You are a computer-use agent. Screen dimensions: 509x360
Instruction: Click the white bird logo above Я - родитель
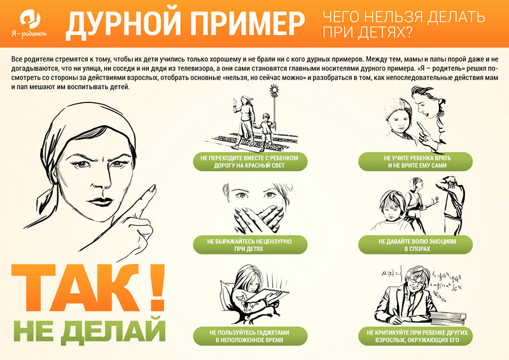click(29, 19)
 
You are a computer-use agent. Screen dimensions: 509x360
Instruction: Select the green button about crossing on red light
click(250, 162)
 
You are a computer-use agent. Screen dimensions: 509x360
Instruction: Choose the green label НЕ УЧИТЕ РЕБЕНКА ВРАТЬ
click(416, 162)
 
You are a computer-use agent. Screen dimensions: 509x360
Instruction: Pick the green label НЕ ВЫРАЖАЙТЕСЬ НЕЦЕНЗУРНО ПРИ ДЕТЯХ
click(250, 245)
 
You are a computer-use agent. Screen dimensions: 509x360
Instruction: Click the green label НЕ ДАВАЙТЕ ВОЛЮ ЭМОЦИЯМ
click(416, 245)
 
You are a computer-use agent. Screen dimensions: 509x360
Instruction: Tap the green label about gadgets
click(250, 336)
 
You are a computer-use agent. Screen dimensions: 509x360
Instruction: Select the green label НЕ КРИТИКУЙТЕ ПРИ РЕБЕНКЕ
click(416, 336)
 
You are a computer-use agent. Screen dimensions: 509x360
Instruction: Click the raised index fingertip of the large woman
click(153, 188)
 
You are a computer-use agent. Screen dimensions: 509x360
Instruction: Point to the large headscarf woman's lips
click(100, 200)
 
